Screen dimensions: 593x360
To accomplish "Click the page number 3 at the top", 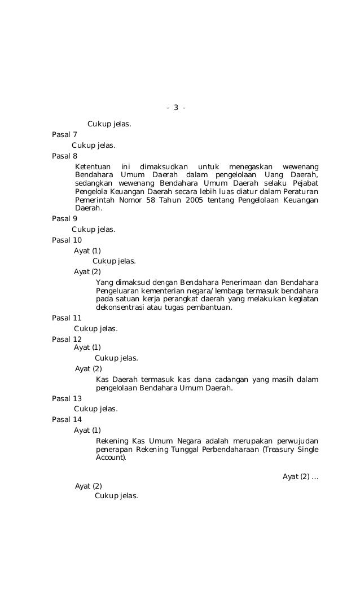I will coord(176,107).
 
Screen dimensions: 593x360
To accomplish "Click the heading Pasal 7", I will coord(64,134).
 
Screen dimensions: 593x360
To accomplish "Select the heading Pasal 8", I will coord(64,156).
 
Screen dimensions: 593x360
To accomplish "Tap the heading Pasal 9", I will coord(64,219).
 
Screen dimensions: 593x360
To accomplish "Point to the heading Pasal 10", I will coord(67,240).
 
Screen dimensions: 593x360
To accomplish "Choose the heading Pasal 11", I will coord(67,318).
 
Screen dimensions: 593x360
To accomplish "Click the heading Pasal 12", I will coord(67,339).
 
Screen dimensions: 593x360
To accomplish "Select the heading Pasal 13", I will coord(67,398).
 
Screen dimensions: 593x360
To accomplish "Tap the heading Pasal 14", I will coord(67,419).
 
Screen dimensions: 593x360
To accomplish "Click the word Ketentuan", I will coord(93,167).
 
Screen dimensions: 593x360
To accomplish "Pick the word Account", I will coord(111,459).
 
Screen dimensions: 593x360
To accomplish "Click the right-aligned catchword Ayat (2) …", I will coord(300,477).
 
